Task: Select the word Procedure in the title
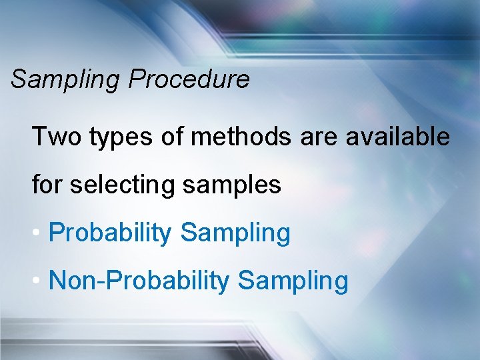pos(189,79)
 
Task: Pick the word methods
pos(240,137)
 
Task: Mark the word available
pos(397,137)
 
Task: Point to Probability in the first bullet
pos(110,233)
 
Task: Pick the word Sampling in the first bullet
pos(235,233)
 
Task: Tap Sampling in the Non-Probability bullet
pos(293,281)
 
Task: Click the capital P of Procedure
pos(137,79)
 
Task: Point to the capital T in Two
pos(39,137)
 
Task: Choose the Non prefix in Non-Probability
pos(73,281)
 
